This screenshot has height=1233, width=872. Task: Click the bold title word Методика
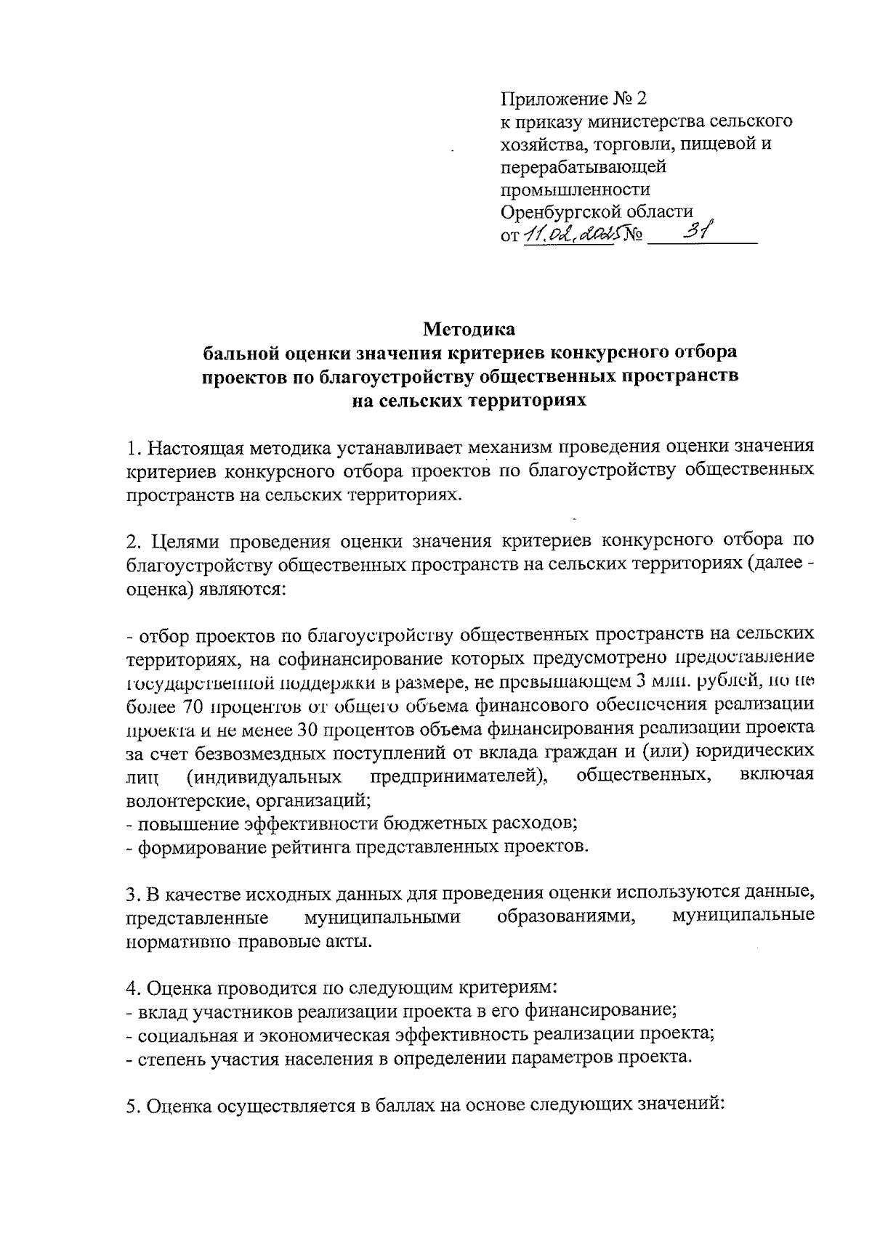469,329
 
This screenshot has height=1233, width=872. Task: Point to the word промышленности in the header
576,190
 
